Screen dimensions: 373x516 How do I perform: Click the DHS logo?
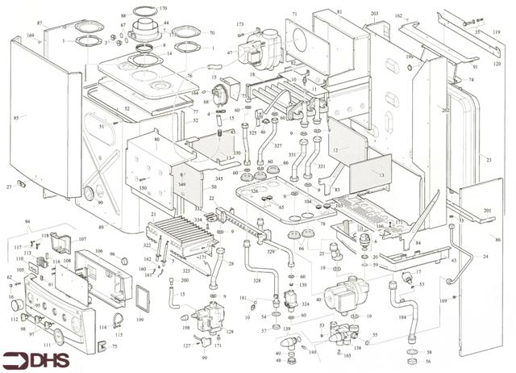[x=36, y=359]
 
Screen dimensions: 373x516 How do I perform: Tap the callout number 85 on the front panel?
[x=16, y=118]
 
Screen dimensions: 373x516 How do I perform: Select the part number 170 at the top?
[x=163, y=9]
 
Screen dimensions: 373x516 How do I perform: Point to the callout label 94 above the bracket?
[x=27, y=220]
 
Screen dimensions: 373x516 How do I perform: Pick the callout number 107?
[x=82, y=239]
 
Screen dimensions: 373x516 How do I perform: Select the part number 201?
[x=487, y=211]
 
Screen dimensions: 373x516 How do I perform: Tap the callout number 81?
[x=339, y=11]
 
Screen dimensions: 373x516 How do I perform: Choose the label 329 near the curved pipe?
[x=271, y=252]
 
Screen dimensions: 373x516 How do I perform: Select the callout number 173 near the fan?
[x=240, y=25]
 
